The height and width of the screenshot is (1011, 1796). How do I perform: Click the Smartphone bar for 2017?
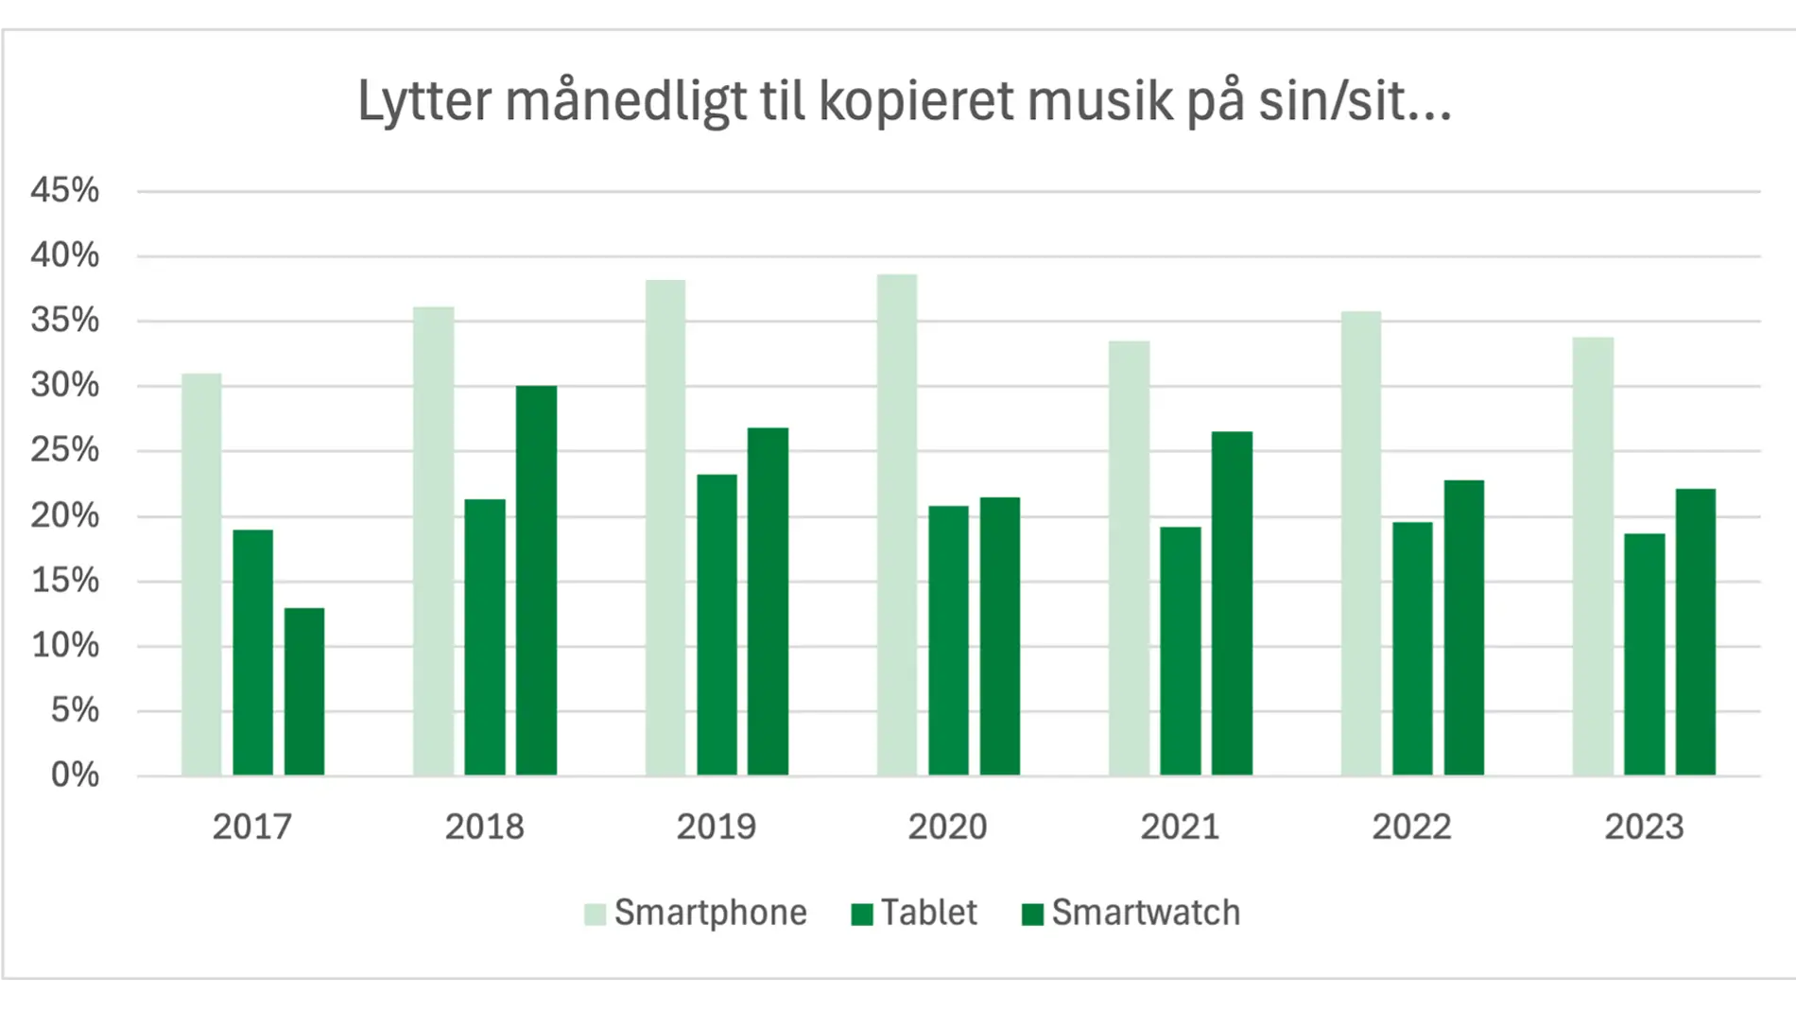click(x=201, y=574)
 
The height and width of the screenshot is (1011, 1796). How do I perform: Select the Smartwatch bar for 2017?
click(x=304, y=691)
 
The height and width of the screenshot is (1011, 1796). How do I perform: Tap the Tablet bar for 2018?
click(x=485, y=637)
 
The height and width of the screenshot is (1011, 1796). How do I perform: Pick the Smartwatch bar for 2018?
click(x=536, y=581)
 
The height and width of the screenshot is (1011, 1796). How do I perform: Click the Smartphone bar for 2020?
click(x=897, y=525)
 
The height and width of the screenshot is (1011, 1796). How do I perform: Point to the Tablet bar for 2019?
click(x=717, y=625)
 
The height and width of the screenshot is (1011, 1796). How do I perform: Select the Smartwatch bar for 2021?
click(x=1232, y=603)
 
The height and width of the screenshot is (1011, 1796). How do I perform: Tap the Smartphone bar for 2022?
click(x=1360, y=544)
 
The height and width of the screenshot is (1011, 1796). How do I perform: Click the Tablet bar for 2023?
click(x=1644, y=654)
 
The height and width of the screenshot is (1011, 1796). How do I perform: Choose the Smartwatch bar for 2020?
click(x=1000, y=636)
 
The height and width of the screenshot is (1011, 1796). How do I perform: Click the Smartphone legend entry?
click(x=697, y=913)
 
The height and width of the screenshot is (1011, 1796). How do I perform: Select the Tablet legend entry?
click(x=914, y=913)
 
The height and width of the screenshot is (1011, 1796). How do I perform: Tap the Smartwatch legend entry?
click(x=1131, y=913)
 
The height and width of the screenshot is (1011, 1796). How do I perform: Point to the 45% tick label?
click(x=64, y=190)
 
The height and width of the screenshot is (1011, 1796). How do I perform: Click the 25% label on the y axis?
click(x=64, y=450)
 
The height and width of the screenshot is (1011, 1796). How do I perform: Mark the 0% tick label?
click(x=75, y=775)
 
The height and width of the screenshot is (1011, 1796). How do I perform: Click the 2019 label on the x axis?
click(x=716, y=827)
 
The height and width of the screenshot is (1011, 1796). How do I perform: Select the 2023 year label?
click(x=1644, y=827)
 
